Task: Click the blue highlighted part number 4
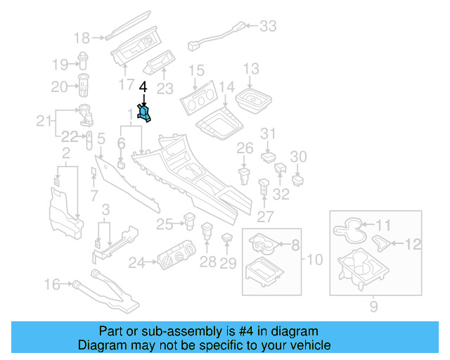tap(145, 113)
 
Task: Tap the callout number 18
tap(82, 37)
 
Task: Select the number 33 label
tap(268, 27)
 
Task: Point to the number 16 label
tap(53, 284)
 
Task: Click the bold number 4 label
tap(143, 87)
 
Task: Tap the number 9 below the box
tap(373, 306)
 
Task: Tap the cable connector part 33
tap(214, 39)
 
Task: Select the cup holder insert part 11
tap(347, 227)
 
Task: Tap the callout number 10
tap(314, 259)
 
